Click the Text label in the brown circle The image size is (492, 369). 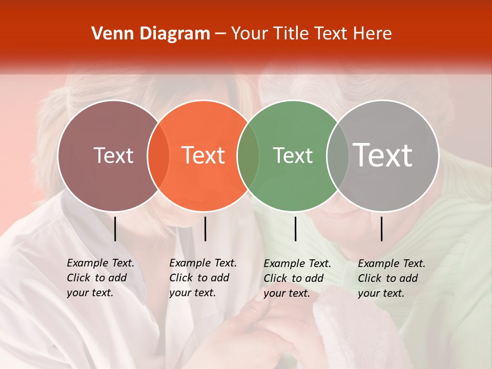113,155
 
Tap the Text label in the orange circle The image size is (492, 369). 203,155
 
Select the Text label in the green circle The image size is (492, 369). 293,155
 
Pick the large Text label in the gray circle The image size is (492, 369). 383,155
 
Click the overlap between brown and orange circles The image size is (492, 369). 158,156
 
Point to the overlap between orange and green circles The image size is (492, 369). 248,156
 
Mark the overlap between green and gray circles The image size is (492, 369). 338,156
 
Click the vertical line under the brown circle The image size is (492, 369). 115,229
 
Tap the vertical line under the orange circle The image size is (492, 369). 205,229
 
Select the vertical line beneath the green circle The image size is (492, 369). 295,229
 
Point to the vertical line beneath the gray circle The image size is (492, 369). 381,229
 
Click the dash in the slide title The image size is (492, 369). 220,34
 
